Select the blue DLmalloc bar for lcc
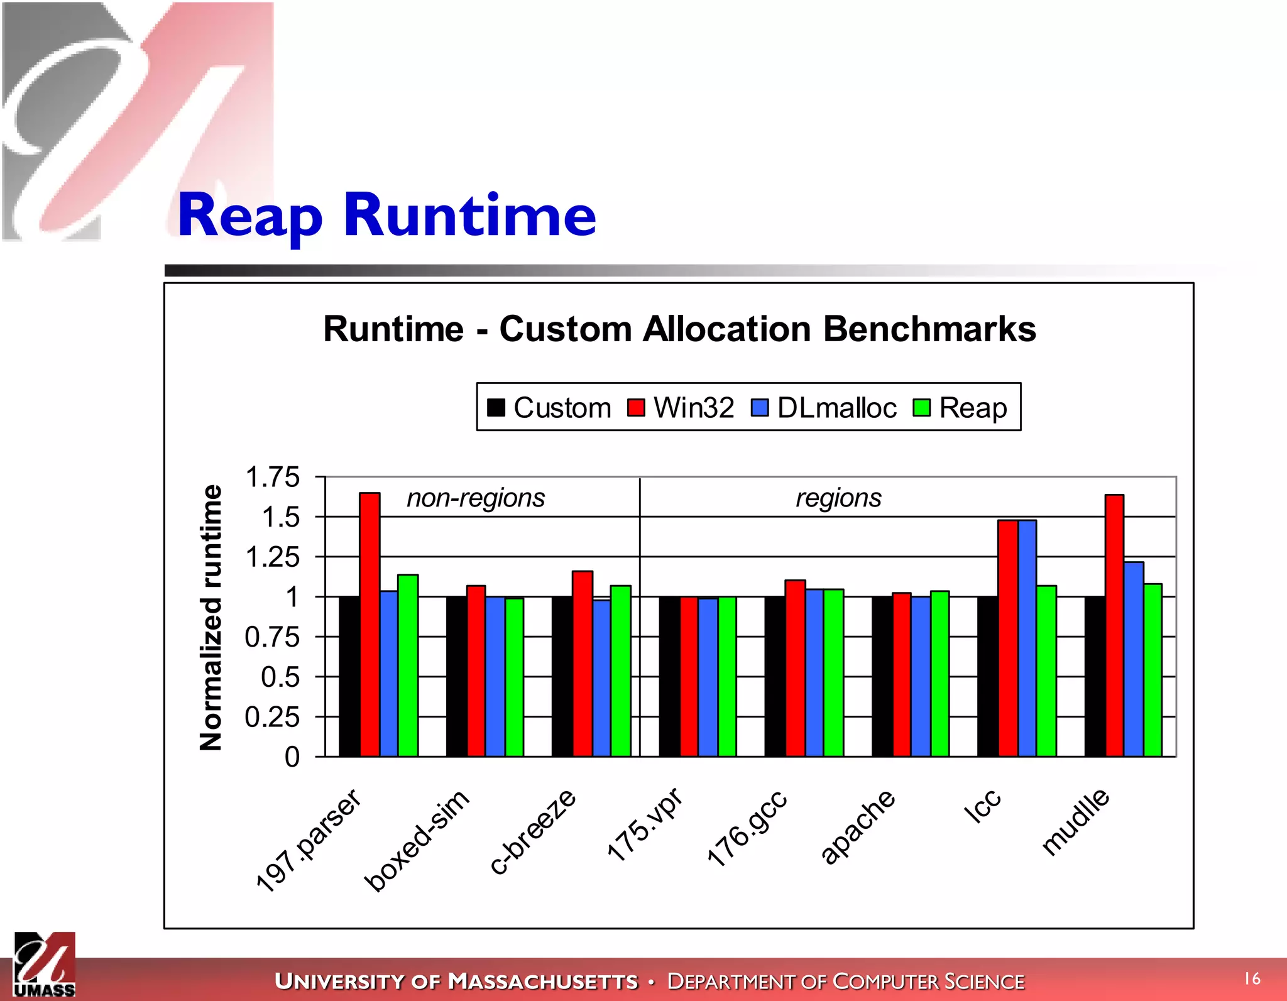click(x=1027, y=638)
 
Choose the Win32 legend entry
click(x=681, y=408)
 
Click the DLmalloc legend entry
click(x=824, y=408)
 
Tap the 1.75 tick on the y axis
click(x=273, y=477)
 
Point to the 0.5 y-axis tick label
click(x=280, y=677)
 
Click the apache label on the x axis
click(x=858, y=826)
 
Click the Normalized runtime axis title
click(x=211, y=617)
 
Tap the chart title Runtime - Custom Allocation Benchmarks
click(x=679, y=329)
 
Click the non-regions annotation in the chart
click(x=476, y=498)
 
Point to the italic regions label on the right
click(x=838, y=498)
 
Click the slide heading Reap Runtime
click(x=386, y=216)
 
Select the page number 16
click(x=1252, y=978)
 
